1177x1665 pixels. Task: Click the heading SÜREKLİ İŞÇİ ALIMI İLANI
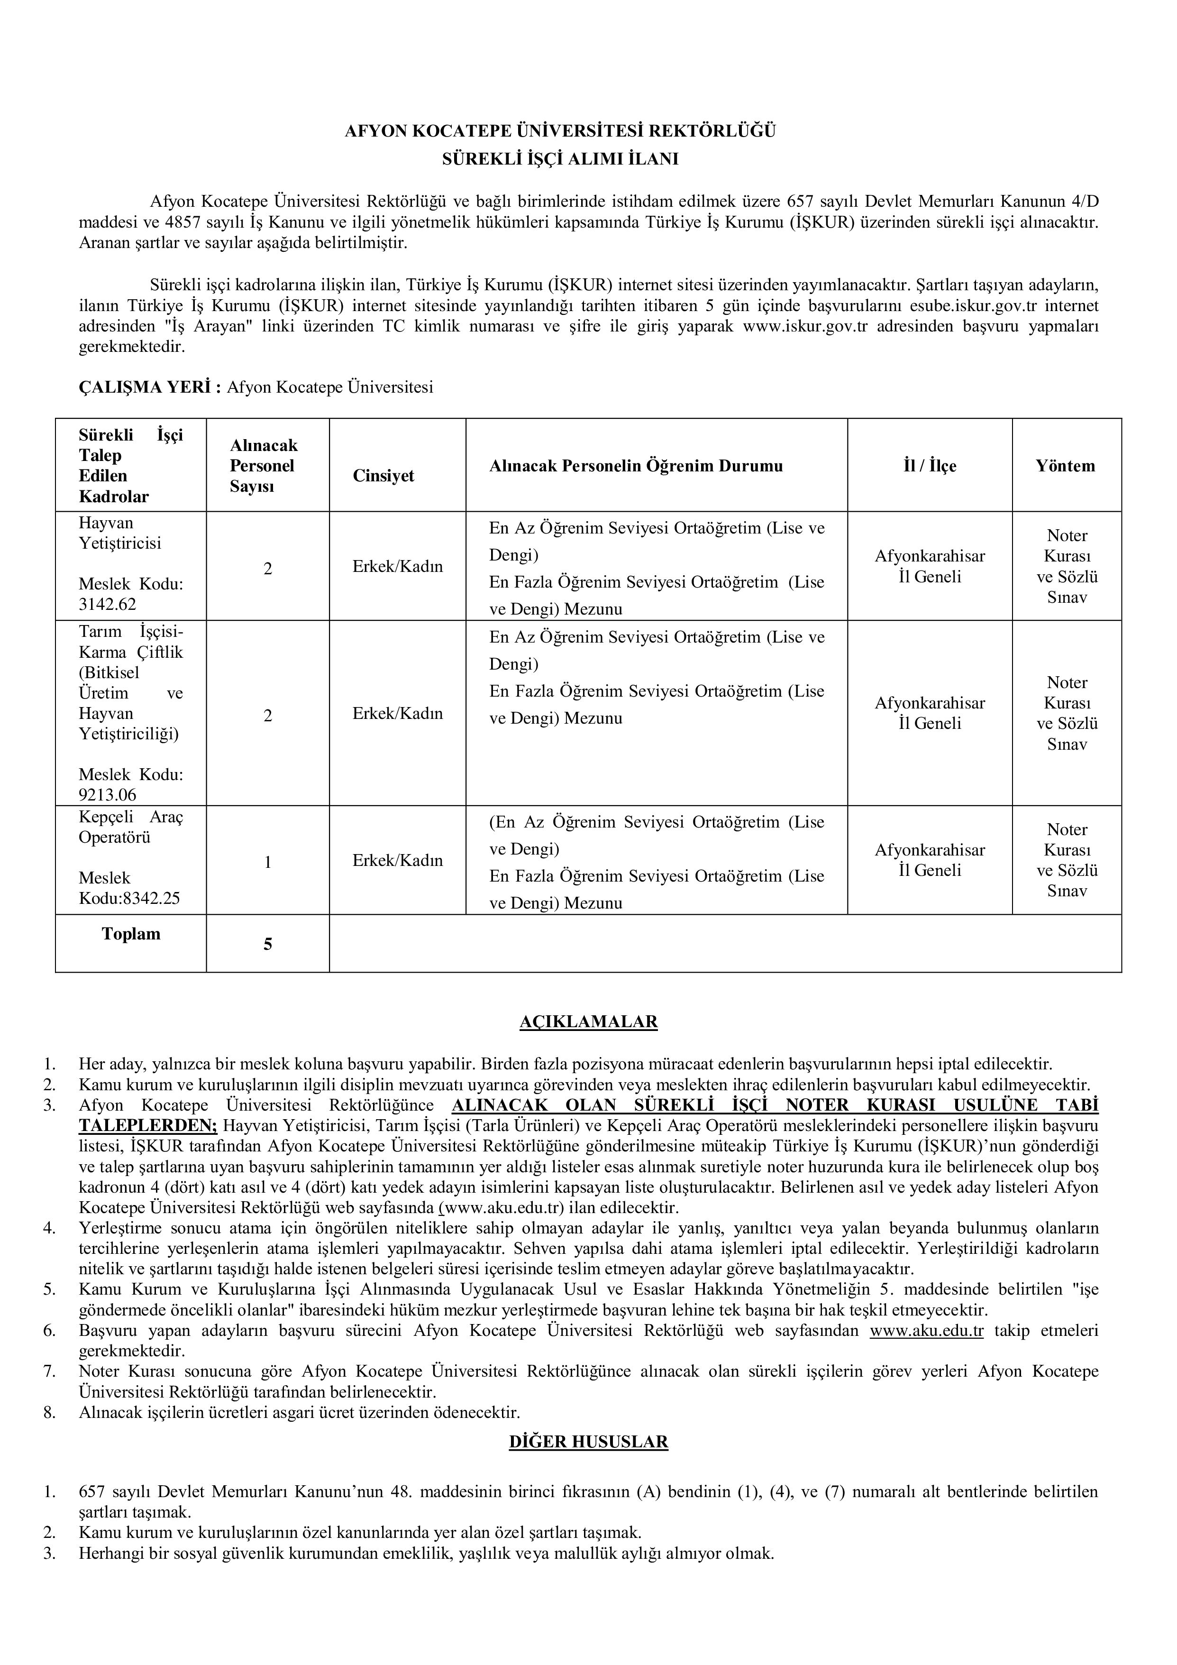[x=560, y=159]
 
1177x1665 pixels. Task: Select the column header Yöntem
[x=1066, y=466]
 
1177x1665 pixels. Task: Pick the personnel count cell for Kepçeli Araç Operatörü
[x=267, y=862]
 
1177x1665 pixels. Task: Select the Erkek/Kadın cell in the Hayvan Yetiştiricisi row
[x=397, y=566]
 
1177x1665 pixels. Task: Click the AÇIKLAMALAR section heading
[x=589, y=1022]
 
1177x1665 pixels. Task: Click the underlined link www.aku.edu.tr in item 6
[x=926, y=1331]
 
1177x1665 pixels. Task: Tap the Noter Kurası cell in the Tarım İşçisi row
[x=1067, y=713]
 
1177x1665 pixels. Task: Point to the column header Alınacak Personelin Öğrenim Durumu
[x=636, y=466]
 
